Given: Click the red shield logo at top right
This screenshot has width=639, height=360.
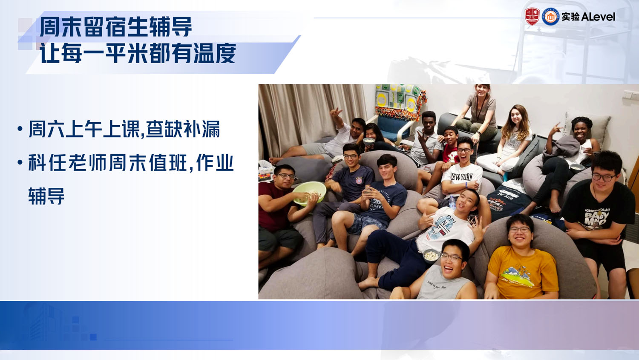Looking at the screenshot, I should [x=532, y=17].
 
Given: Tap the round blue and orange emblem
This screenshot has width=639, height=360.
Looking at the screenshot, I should [x=550, y=17].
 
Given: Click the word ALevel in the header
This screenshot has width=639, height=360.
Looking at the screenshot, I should [x=598, y=17].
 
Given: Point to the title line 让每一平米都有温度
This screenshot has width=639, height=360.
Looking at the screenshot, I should [x=138, y=54].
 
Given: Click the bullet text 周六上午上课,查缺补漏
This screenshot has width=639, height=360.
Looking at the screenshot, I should [x=124, y=129].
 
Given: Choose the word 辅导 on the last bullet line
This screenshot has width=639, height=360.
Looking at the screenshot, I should [x=46, y=196].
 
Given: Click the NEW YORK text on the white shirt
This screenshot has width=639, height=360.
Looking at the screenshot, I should [x=462, y=176].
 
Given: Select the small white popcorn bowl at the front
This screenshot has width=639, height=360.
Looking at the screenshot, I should [x=431, y=255].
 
